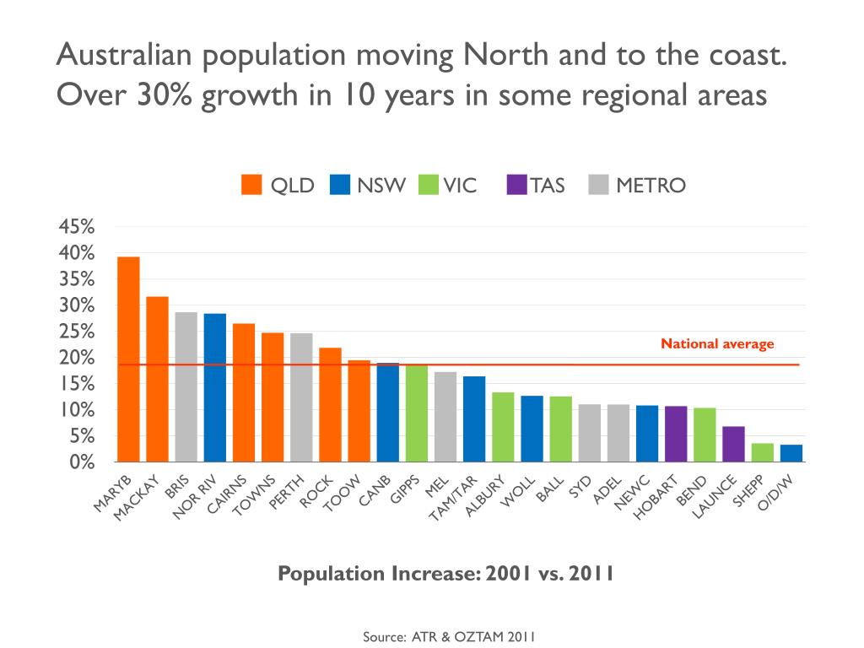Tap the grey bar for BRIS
186,387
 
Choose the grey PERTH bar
301,397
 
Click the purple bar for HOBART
676,434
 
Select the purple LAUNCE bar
733,444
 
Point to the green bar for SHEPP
762,452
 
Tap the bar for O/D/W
791,453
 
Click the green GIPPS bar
416,413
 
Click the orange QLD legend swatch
251,185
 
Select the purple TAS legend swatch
516,185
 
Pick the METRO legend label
651,186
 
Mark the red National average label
716,343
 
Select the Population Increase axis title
445,575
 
